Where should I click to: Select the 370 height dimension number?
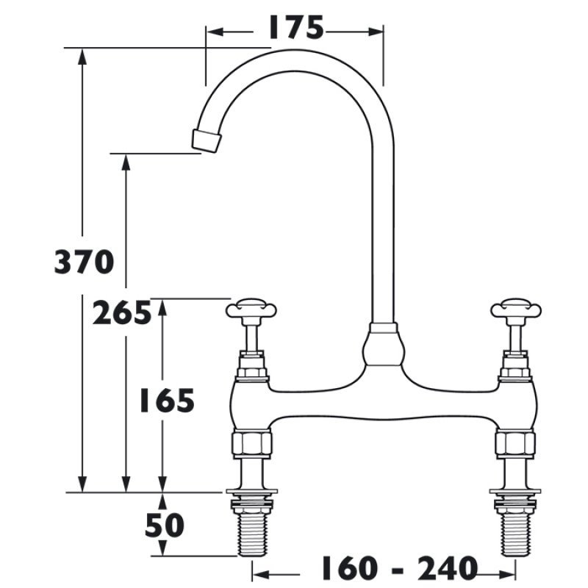[84, 262]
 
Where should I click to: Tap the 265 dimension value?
[122, 314]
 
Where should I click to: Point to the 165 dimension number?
[167, 401]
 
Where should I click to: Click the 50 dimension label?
[164, 525]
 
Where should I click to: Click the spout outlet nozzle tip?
[207, 140]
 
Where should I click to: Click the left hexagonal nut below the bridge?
[252, 443]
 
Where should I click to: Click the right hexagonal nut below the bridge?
[515, 443]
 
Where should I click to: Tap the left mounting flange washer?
[252, 491]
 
